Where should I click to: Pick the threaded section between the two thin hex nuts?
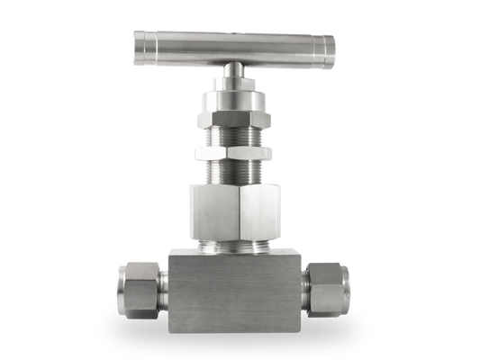point(234,136)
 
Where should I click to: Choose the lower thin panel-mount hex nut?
point(234,153)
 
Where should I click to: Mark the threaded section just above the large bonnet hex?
point(234,173)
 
